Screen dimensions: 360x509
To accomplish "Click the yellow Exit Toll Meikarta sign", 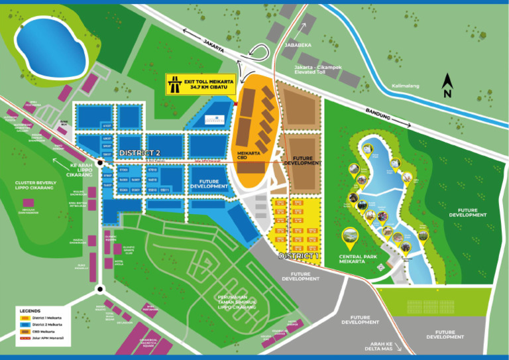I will [199, 83].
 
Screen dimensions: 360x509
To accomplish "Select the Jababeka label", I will [298, 46].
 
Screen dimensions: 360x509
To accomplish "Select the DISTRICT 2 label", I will [139, 152].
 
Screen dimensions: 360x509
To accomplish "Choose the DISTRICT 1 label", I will [299, 255].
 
